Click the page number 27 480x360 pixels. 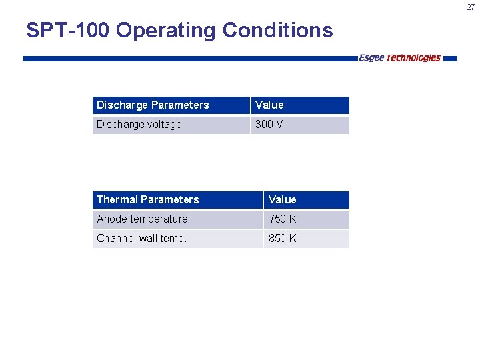(x=470, y=7)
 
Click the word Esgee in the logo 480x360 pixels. (x=371, y=58)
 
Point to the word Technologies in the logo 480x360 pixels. (x=413, y=58)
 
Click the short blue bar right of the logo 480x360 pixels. (x=451, y=59)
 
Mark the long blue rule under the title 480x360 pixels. (x=190, y=59)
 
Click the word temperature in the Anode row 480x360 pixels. (x=158, y=219)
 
